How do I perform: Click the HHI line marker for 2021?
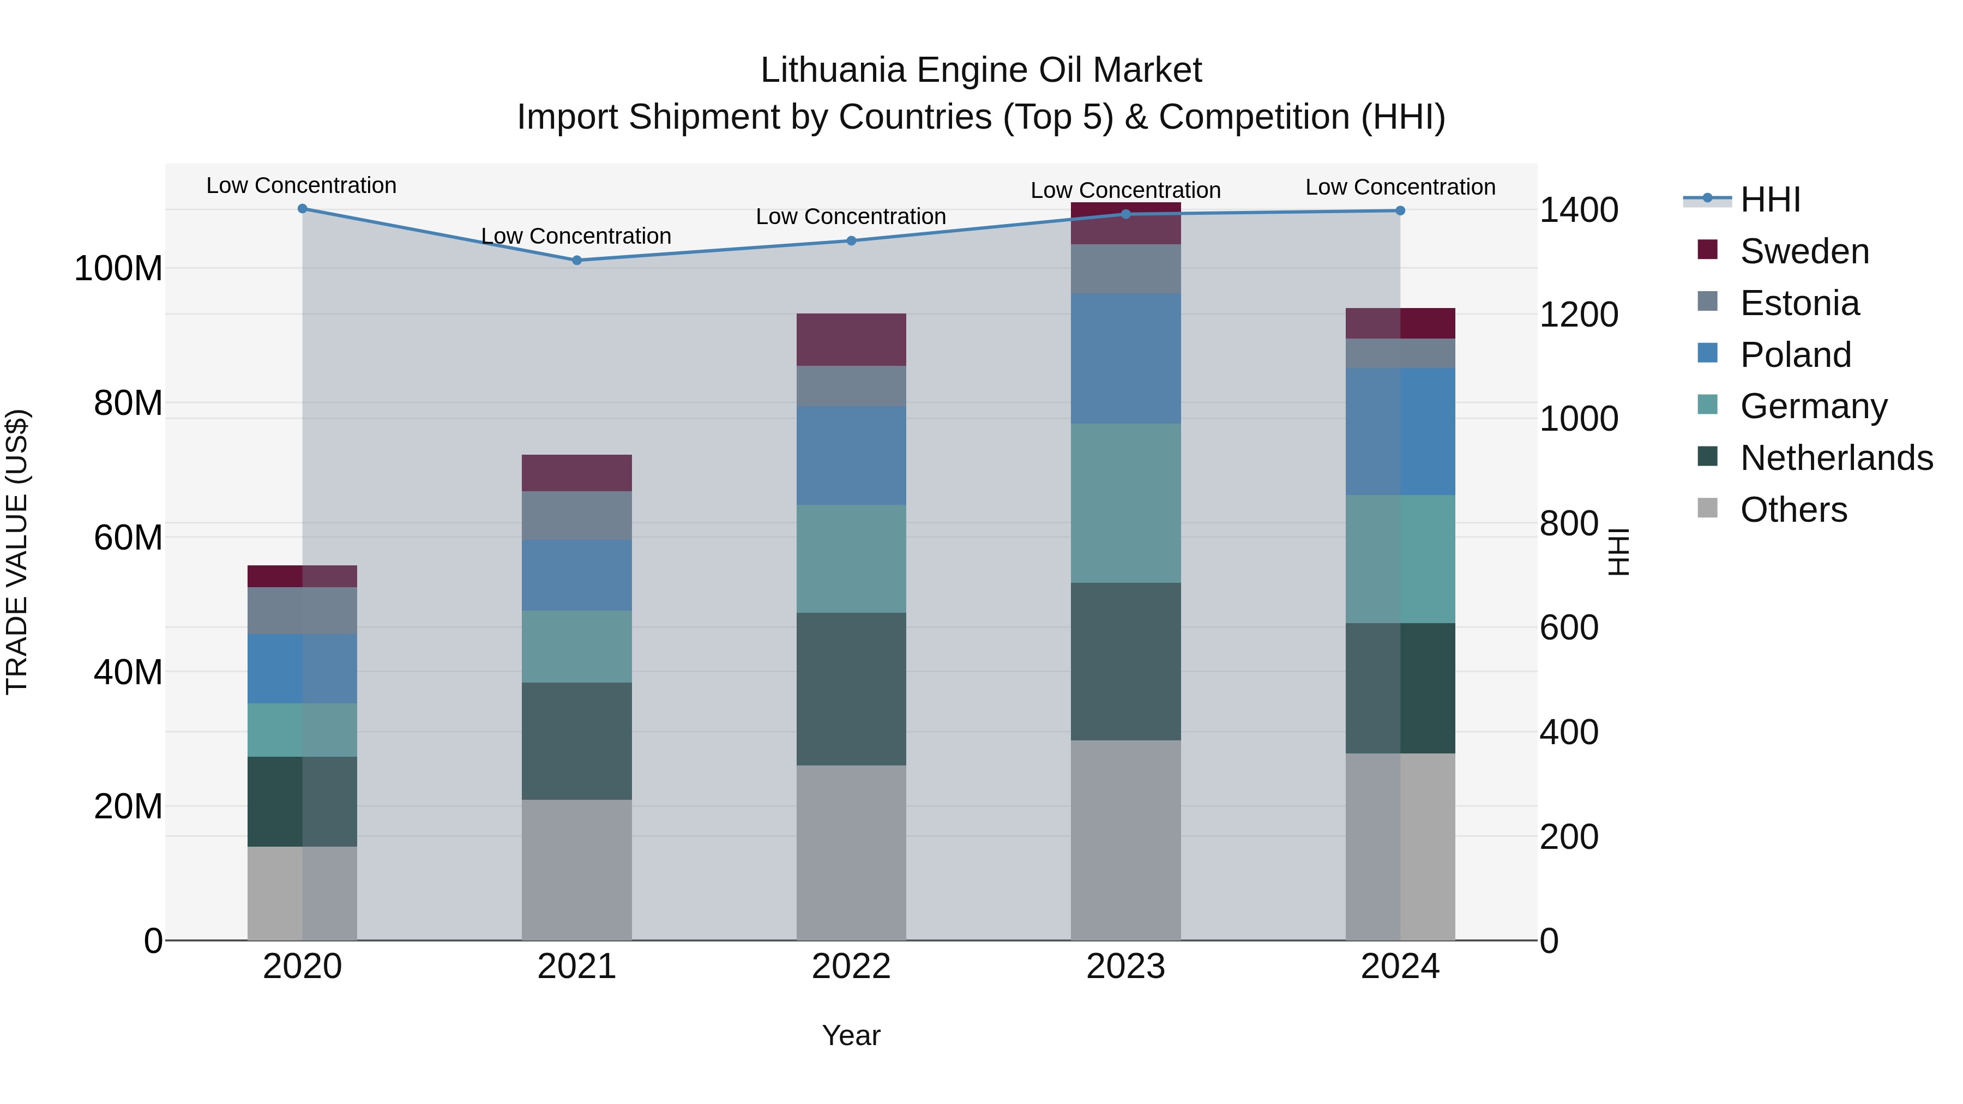[x=577, y=261]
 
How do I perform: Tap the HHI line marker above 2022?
[x=851, y=241]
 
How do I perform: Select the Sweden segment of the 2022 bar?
[x=851, y=340]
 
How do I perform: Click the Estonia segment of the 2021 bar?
[x=577, y=516]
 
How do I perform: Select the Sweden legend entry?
[x=1804, y=251]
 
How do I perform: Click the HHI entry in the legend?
[x=1769, y=200]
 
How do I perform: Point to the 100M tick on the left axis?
[x=118, y=269]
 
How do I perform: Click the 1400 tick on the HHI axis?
[x=1578, y=210]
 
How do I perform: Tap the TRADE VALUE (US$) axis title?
[x=17, y=552]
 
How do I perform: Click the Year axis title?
[x=851, y=1035]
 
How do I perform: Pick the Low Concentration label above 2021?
[x=576, y=236]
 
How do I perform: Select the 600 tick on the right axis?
[x=1568, y=628]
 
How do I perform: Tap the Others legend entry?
[x=1793, y=510]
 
